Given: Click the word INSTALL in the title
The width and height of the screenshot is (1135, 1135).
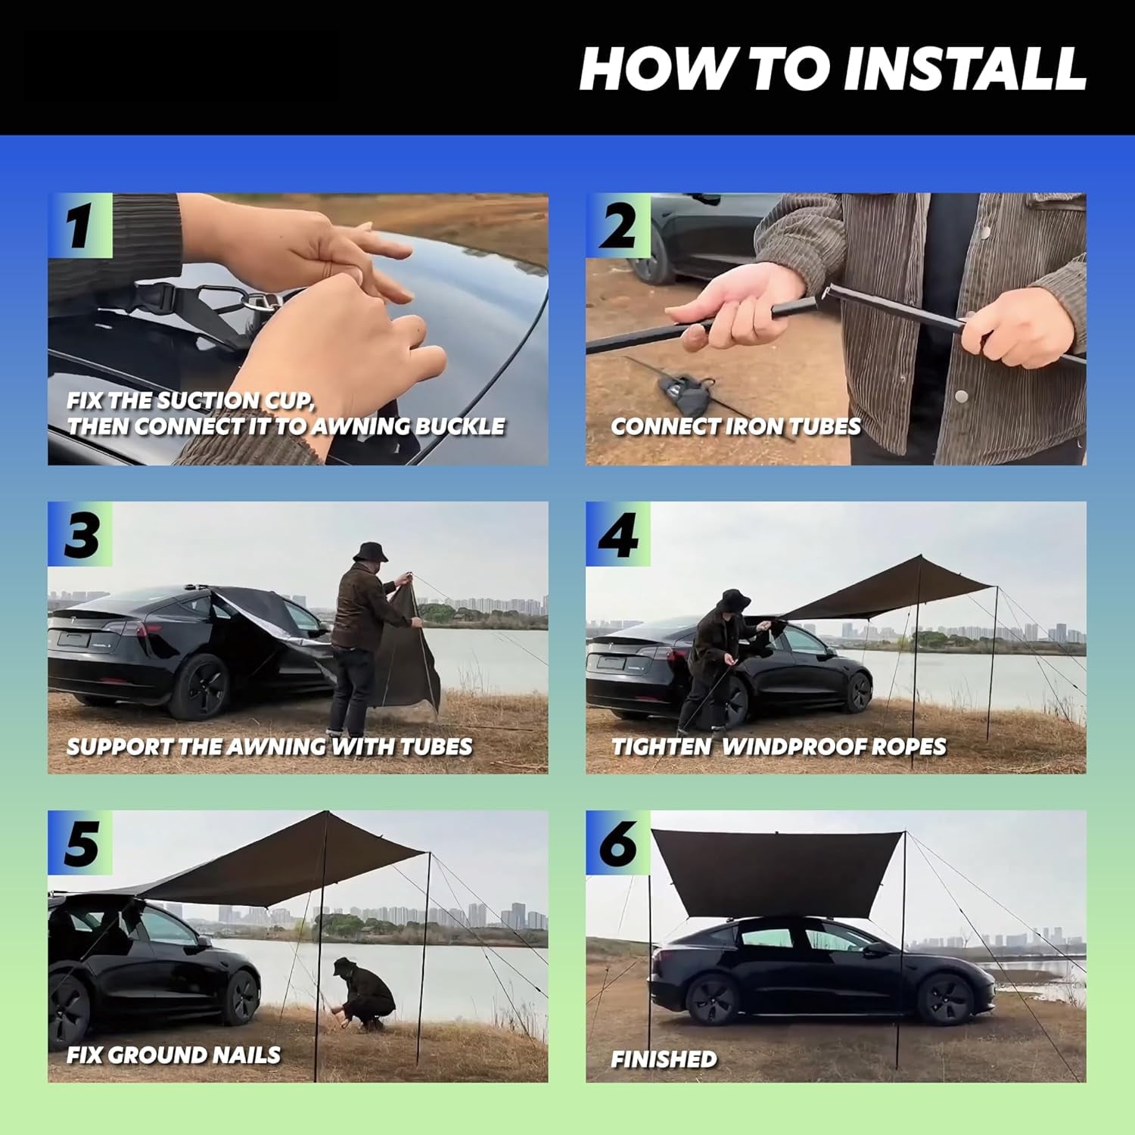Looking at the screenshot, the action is tap(964, 69).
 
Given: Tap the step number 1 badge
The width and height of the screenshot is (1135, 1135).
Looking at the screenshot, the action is tap(80, 225).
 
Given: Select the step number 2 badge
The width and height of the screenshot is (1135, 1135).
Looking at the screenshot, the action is tap(618, 225).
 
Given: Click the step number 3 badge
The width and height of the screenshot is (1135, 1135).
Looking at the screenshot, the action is tap(80, 534).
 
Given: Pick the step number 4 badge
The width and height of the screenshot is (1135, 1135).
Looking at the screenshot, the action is tap(618, 534).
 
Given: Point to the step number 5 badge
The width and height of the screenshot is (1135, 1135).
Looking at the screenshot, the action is tap(80, 843).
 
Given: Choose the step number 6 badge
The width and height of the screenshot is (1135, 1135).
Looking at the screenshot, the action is tap(618, 843).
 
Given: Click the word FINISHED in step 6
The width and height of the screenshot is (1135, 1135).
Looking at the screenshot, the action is tap(664, 1059).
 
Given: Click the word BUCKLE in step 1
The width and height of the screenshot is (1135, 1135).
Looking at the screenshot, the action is tap(460, 426).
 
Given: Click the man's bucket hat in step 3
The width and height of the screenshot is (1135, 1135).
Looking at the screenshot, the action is tap(370, 552).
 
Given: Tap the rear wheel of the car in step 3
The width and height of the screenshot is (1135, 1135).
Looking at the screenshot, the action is tap(198, 686).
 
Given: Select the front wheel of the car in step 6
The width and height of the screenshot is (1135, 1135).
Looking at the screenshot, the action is tap(944, 999).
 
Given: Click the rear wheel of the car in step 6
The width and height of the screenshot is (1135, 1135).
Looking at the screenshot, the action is tap(711, 1000).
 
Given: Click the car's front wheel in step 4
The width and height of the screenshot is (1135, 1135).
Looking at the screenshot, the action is tap(858, 692).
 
